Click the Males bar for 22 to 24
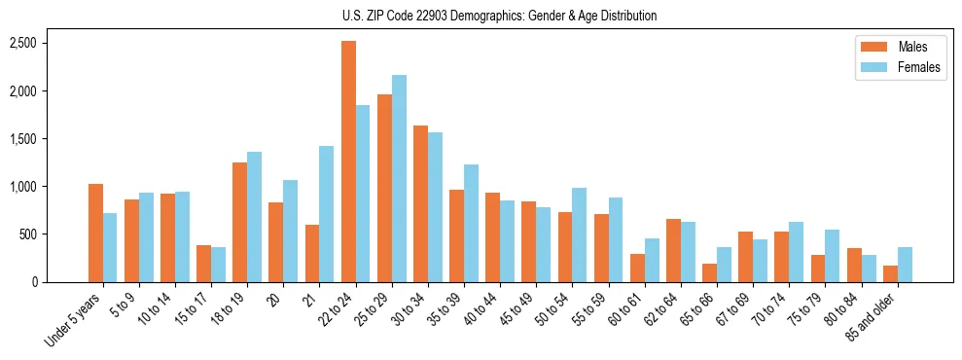(348, 162)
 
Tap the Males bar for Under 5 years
(95, 233)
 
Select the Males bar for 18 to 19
(240, 222)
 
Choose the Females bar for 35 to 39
(471, 223)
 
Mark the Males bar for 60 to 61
(636, 268)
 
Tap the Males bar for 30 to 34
(420, 203)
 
